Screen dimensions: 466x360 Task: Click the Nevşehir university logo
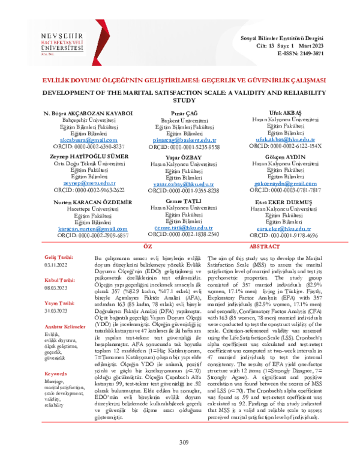[x=58, y=44]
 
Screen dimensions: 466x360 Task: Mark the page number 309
[x=185, y=443]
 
